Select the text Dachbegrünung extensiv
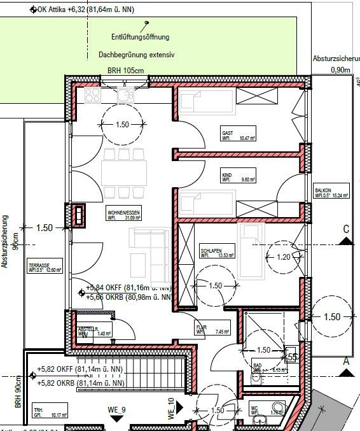[136, 55]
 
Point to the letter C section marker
[346, 229]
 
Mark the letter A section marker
[347, 360]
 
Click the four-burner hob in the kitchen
[91, 95]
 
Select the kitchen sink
[123, 95]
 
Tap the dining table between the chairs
[124, 172]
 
